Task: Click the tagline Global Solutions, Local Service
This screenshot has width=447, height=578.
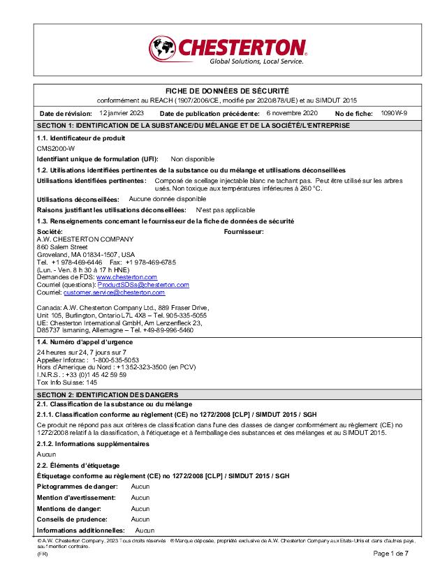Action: [x=256, y=61]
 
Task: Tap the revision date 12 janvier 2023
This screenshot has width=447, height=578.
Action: [x=122, y=112]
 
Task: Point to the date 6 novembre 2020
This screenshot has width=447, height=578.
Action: [x=292, y=112]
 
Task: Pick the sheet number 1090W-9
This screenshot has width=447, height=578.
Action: [x=395, y=112]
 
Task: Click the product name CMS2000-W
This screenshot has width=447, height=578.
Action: [x=56, y=149]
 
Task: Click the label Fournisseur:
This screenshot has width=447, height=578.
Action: [x=243, y=231]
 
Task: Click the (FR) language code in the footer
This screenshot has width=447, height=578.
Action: [x=42, y=554]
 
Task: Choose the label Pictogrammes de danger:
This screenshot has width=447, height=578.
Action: [x=77, y=486]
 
